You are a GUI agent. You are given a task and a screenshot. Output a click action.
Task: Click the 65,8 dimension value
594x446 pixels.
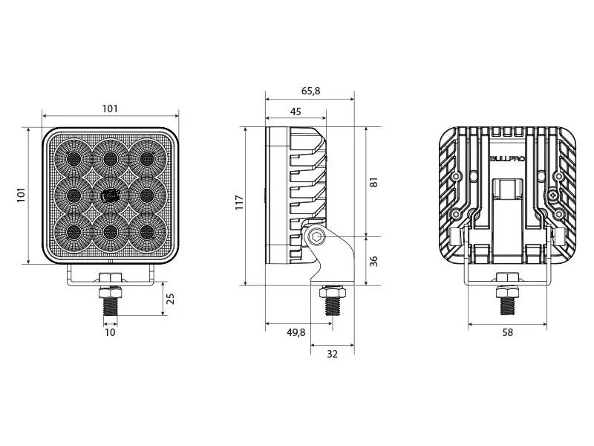[310, 91]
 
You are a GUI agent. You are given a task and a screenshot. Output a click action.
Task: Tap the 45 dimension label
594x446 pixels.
[296, 111]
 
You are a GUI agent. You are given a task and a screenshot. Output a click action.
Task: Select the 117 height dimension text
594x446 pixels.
[239, 202]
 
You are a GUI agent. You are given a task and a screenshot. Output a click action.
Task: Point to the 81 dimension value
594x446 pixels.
[374, 182]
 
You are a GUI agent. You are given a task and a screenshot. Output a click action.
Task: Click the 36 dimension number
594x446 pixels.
[374, 262]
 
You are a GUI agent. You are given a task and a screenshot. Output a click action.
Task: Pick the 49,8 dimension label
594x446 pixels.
[296, 332]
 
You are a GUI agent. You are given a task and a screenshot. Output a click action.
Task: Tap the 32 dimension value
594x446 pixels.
[332, 355]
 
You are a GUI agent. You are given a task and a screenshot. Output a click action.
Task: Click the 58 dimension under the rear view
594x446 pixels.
[507, 332]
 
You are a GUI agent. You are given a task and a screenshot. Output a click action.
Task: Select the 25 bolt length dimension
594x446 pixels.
[171, 299]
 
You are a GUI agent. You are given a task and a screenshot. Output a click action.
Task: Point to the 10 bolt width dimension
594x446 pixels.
[110, 332]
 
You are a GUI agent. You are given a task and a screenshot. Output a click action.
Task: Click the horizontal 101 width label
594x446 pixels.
[110, 109]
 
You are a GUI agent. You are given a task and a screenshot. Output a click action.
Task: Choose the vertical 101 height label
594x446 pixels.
[22, 195]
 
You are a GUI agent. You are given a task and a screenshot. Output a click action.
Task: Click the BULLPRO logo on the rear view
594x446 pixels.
[507, 158]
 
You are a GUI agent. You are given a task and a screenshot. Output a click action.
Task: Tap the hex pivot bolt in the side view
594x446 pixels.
[316, 238]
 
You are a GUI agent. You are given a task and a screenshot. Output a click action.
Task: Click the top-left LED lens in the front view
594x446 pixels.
[73, 158]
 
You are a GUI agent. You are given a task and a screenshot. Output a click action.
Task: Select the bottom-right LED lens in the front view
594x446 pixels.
[147, 233]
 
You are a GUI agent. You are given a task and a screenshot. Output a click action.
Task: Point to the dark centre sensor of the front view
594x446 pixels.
[109, 195]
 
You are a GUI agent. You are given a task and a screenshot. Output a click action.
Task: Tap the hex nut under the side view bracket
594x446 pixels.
[332, 292]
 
